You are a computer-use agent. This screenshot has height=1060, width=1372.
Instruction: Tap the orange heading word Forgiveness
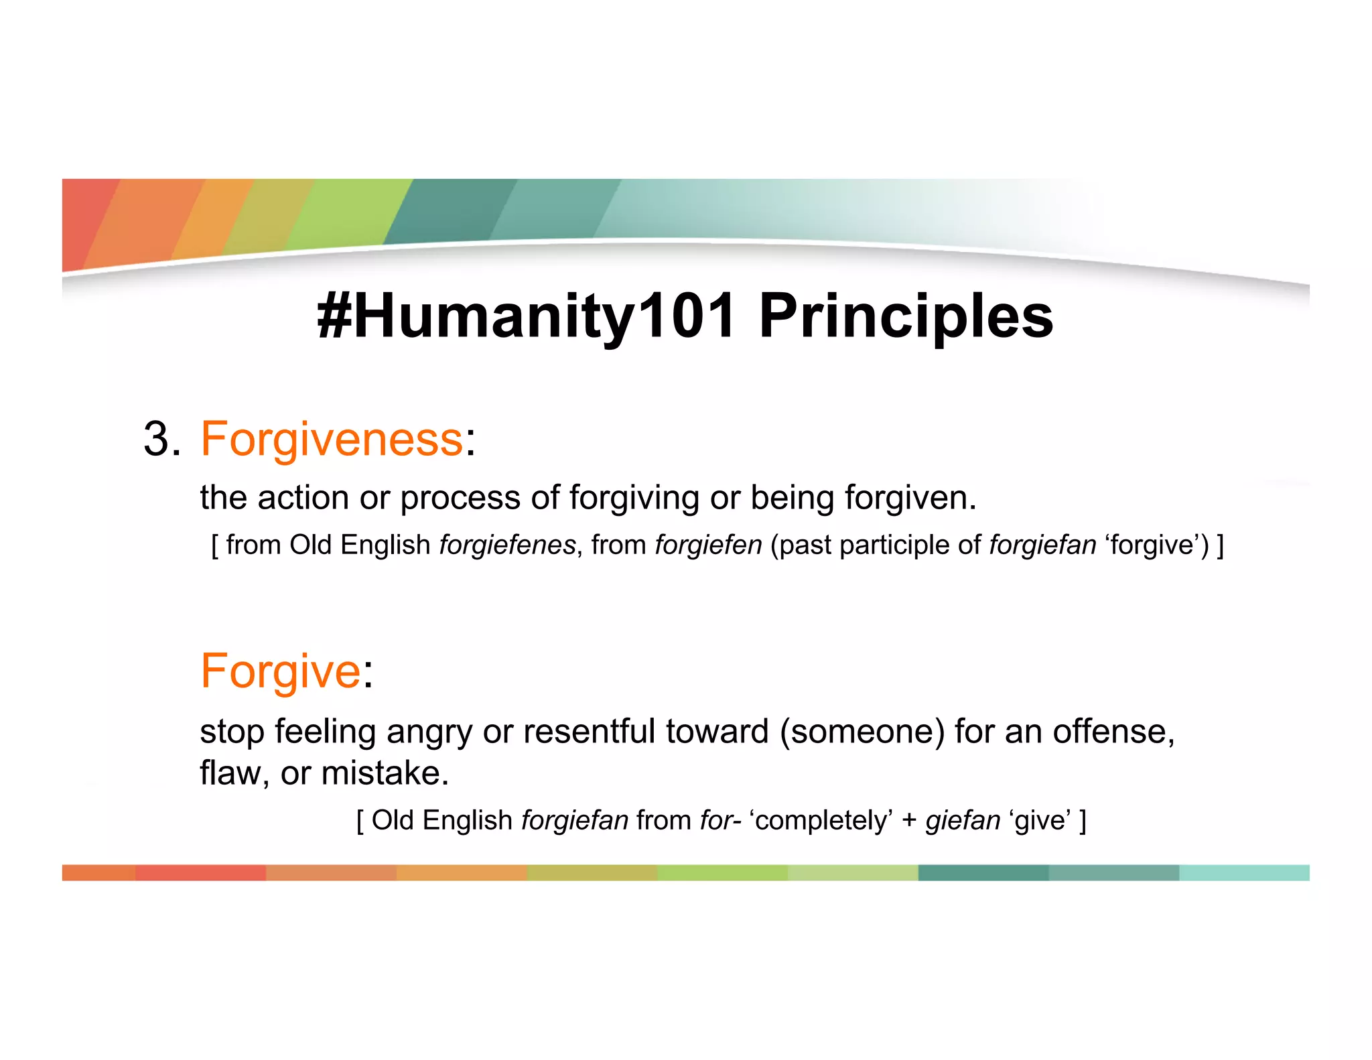[x=332, y=440]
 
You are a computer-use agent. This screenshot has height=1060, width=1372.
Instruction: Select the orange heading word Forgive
[x=281, y=671]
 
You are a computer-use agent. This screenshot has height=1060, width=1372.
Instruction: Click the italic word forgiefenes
[x=507, y=545]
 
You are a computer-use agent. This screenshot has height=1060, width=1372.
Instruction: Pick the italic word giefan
[x=963, y=820]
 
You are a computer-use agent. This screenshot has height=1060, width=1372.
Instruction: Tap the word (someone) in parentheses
[x=862, y=731]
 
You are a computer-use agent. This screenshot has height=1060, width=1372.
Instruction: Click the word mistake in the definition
[x=379, y=773]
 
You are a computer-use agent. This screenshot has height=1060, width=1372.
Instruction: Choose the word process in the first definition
[x=460, y=498]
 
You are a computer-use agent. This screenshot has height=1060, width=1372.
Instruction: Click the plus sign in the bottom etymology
[x=909, y=821]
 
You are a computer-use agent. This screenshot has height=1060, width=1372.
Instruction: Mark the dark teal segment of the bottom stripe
[x=983, y=872]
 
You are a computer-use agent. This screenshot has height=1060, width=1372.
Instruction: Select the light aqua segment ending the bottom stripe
[x=1243, y=872]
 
